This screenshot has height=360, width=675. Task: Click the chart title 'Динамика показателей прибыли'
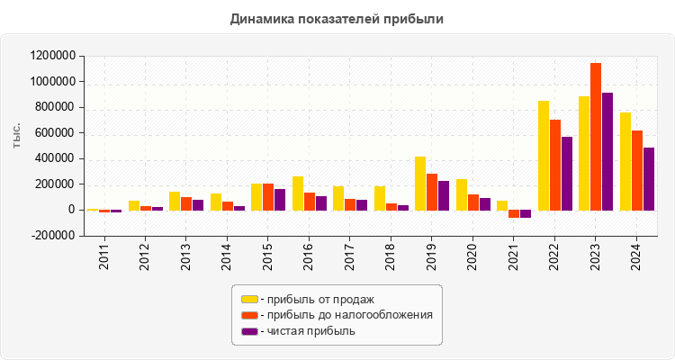coord(337,18)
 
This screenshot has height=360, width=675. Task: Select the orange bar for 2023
coord(596,136)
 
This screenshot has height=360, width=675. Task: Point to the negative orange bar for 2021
coord(514,214)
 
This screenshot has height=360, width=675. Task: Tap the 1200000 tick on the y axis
coord(52,56)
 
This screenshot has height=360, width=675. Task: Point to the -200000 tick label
coord(50,236)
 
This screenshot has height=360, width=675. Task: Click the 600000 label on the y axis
coord(56,133)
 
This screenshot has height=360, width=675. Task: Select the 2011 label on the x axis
coord(104,256)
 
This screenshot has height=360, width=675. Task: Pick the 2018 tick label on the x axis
coord(391,256)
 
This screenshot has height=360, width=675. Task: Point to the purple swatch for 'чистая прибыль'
coord(249,331)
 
